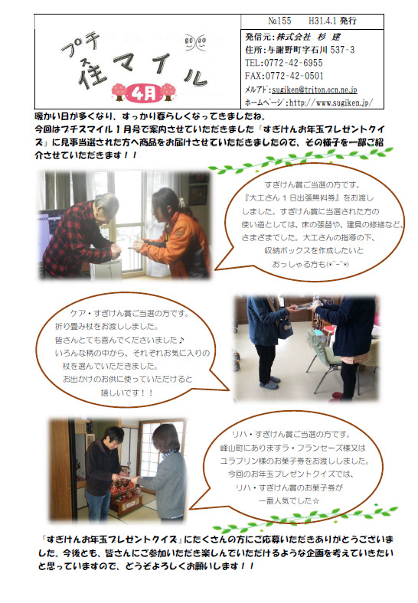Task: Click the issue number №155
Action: pyautogui.click(x=280, y=21)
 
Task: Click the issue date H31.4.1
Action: pyautogui.click(x=322, y=21)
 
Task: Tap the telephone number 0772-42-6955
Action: pyautogui.click(x=293, y=63)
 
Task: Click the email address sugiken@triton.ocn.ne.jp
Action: pyautogui.click(x=315, y=90)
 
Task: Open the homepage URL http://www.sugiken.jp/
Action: pyautogui.click(x=331, y=103)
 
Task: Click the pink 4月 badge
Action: pyautogui.click(x=144, y=93)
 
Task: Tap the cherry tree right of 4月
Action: pyautogui.click(x=168, y=93)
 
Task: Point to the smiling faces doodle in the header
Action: pyautogui.click(x=194, y=42)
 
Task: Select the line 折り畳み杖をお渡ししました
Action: pyautogui.click(x=106, y=327)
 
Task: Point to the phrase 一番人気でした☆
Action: pyautogui.click(x=289, y=500)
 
